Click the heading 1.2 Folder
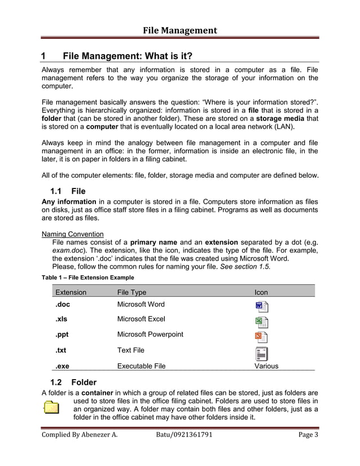tap(73, 382)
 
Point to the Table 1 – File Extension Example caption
tap(88, 278)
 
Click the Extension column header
tap(71, 292)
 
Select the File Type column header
tap(131, 292)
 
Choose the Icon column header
tap(261, 292)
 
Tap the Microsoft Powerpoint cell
tap(150, 335)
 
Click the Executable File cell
tap(141, 366)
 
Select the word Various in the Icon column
tap(266, 366)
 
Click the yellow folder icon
tap(51, 407)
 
